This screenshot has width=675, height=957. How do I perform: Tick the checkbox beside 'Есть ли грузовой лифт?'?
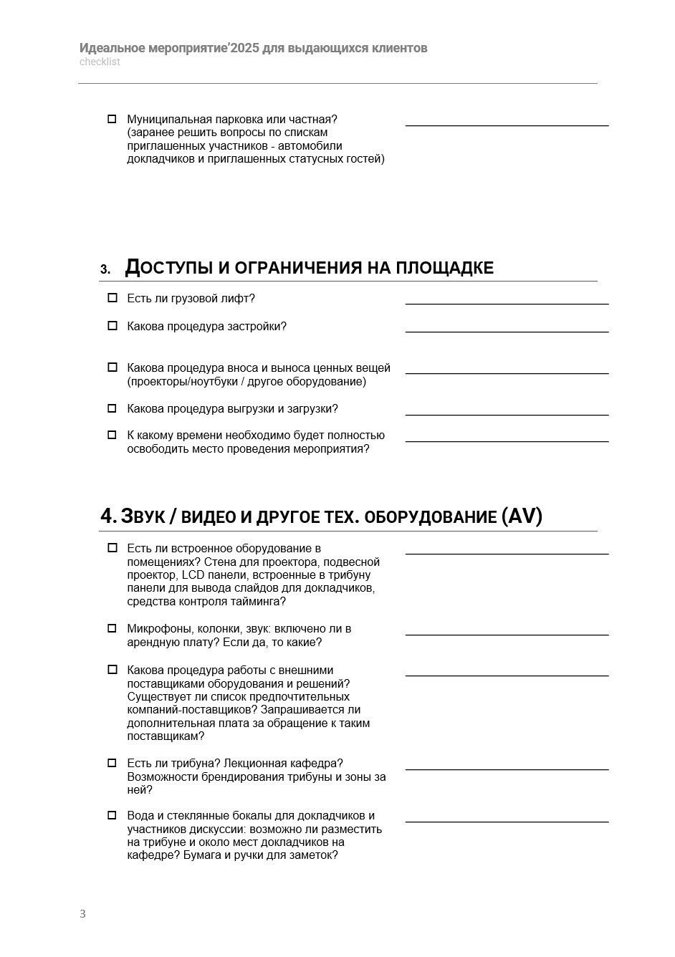click(x=112, y=298)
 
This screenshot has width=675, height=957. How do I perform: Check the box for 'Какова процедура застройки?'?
click(x=112, y=326)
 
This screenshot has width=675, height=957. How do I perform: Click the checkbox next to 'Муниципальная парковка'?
click(x=112, y=119)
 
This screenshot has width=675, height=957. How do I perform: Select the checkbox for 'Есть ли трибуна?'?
click(x=112, y=763)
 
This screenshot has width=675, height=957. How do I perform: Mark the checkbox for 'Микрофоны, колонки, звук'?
click(x=112, y=628)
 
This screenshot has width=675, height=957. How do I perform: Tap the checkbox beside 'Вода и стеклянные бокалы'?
click(x=112, y=815)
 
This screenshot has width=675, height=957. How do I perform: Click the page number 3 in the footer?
click(x=82, y=913)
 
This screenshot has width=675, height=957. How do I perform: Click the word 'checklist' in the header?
click(x=100, y=62)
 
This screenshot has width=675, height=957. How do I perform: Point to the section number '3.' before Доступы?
click(x=105, y=270)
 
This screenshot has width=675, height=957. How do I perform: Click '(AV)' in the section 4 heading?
click(x=522, y=516)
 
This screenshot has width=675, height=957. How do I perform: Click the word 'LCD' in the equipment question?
click(x=193, y=575)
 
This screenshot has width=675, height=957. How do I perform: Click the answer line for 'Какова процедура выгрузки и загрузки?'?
click(x=507, y=414)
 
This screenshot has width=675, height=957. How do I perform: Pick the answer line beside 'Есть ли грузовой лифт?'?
click(x=507, y=304)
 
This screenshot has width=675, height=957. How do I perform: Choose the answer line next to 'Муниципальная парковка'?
click(x=507, y=125)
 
